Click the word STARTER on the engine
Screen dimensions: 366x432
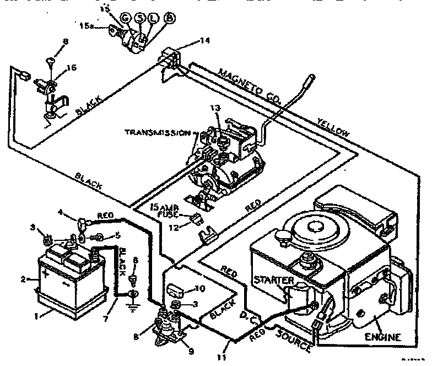pos(274,281)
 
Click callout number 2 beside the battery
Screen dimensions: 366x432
pos(23,279)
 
